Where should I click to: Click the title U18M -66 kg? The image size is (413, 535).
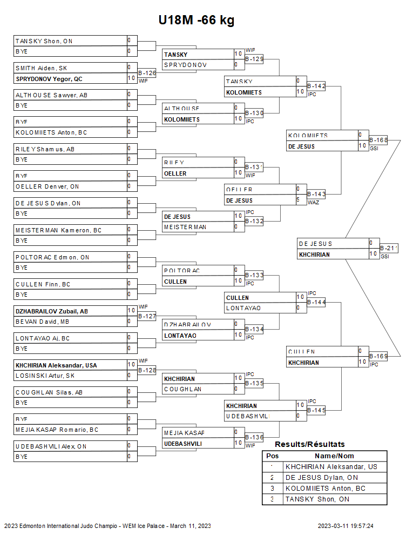pyautogui.click(x=196, y=21)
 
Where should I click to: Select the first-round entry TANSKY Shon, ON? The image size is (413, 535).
pyautogui.click(x=44, y=41)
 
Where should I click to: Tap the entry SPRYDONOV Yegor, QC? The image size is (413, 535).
pyautogui.click(x=49, y=79)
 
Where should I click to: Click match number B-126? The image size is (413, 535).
pyautogui.click(x=147, y=72)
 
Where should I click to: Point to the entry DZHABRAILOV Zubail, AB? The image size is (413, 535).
pyautogui.click(x=52, y=311)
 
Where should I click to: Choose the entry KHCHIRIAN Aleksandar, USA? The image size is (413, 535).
pyautogui.click(x=56, y=365)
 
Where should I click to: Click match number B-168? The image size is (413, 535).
pyautogui.click(x=378, y=140)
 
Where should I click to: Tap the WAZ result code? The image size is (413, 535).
pyautogui.click(x=313, y=203)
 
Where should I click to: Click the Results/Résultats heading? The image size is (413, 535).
pyautogui.click(x=310, y=444)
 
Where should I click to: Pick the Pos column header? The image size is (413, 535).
pyautogui.click(x=272, y=456)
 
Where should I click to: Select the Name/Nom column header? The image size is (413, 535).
pyautogui.click(x=334, y=456)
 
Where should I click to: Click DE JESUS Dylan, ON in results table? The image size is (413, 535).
pyautogui.click(x=321, y=478)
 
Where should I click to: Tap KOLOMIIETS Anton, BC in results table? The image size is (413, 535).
pyautogui.click(x=326, y=489)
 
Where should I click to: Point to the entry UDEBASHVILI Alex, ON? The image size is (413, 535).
pyautogui.click(x=51, y=446)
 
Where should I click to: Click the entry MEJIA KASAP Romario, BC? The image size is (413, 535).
pyautogui.click(x=57, y=430)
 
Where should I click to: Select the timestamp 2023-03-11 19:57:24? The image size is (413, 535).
pyautogui.click(x=346, y=526)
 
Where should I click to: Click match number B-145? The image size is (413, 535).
pyautogui.click(x=316, y=410)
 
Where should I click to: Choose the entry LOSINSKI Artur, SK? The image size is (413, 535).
pyautogui.click(x=45, y=376)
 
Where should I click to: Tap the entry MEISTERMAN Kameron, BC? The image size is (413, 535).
pyautogui.click(x=58, y=230)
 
